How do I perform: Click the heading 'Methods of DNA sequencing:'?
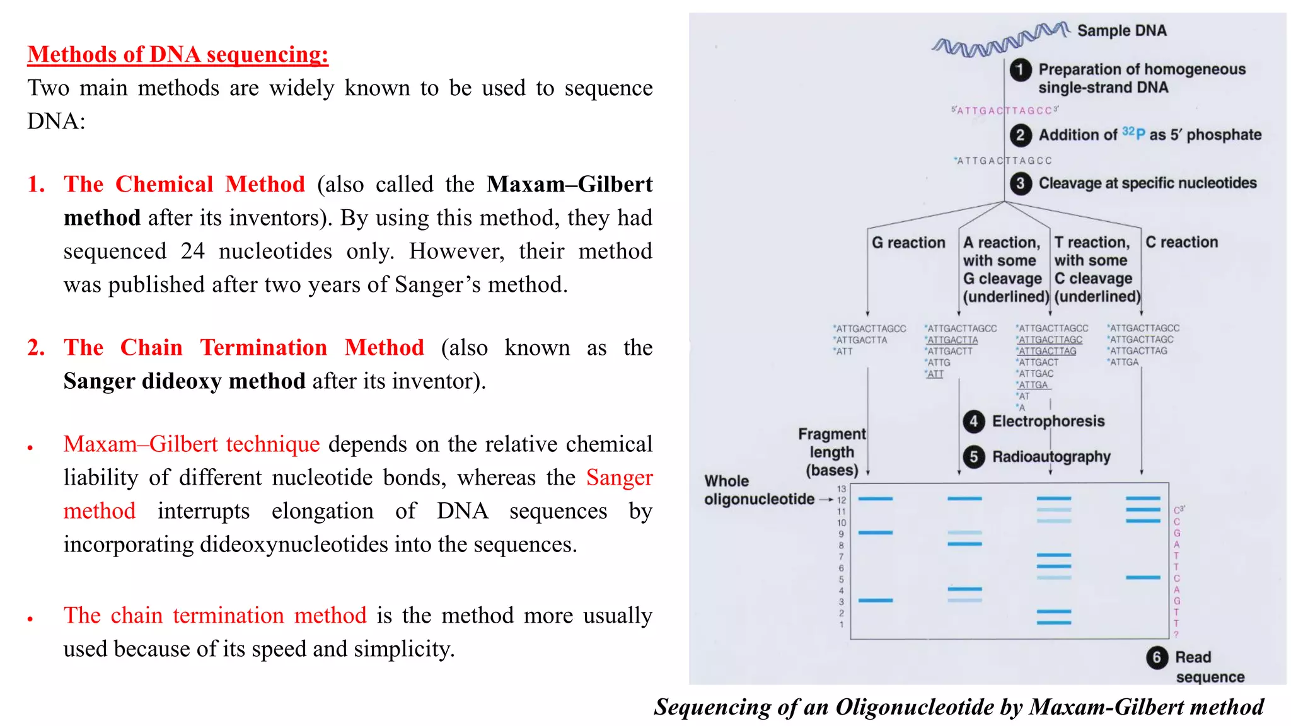coord(178,54)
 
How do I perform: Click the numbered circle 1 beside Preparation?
coord(1021,69)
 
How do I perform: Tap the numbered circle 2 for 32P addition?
coord(1021,135)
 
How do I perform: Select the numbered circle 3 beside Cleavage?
coord(1021,183)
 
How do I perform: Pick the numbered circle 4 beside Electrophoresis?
coord(974,421)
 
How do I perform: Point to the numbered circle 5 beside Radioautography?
coord(974,456)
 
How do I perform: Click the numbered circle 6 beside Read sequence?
coord(1157,657)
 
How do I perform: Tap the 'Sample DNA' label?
coord(1121,30)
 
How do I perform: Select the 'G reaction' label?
coord(908,243)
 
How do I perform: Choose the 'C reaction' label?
coord(1181,242)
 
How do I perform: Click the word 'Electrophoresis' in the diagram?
coord(1048,421)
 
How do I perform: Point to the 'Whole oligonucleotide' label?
coord(758,490)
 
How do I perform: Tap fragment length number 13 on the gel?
coord(842,489)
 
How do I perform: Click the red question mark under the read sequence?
coord(1176,635)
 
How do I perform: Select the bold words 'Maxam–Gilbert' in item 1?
coord(569,184)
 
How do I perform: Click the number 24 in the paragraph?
coord(192,251)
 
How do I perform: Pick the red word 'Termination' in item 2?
coord(263,347)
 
